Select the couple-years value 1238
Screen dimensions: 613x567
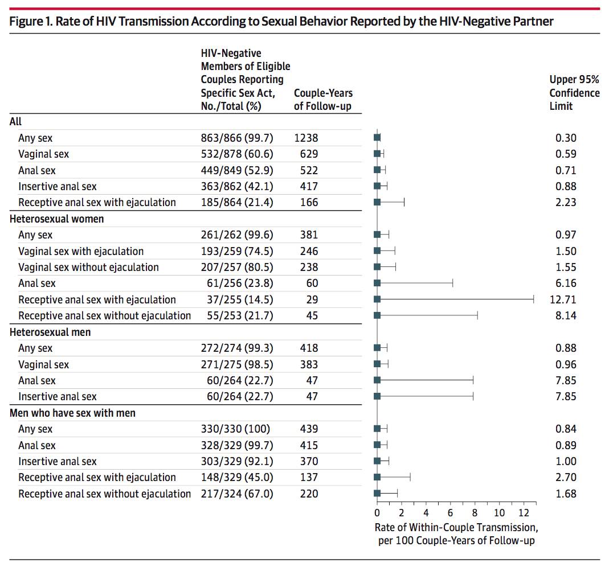pos(306,138)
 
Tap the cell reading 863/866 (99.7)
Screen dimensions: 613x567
pos(237,138)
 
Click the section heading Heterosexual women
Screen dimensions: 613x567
pos(57,219)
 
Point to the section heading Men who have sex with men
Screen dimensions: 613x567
pos(72,413)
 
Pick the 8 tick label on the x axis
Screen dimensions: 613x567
pos(475,513)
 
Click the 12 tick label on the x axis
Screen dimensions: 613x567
pos(524,513)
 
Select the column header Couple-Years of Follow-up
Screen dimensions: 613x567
pos(323,100)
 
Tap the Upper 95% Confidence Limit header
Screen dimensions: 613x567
pos(574,93)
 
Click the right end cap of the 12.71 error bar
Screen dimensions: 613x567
pos(534,299)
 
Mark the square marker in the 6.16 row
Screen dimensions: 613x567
pos(377,283)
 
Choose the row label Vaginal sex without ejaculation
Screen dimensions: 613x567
pos(88,268)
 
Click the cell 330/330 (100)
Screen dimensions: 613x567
pos(235,429)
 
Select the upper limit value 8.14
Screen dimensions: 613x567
pos(566,316)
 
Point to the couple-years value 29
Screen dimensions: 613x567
pos(312,299)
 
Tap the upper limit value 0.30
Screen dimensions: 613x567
pos(566,138)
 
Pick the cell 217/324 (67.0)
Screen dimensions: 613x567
pos(237,494)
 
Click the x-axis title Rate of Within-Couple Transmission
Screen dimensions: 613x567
pos(456,528)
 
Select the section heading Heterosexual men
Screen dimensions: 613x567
pos(50,332)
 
